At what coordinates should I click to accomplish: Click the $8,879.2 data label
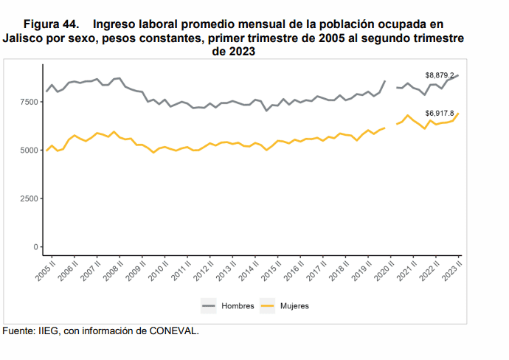[439, 75]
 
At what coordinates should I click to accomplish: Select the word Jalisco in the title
[23, 38]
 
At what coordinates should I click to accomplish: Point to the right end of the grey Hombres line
[458, 75]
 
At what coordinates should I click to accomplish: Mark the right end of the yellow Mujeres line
[458, 113]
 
